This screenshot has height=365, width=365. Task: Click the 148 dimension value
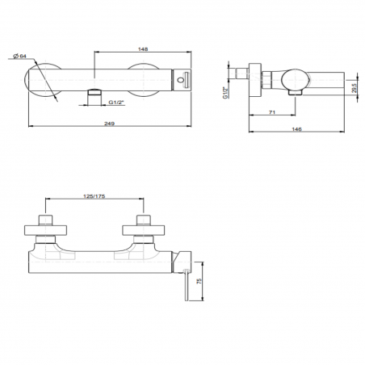(x=143, y=49)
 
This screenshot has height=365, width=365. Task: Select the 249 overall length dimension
(x=109, y=124)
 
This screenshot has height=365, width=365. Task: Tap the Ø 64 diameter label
(x=20, y=56)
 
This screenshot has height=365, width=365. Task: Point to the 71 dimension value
(x=272, y=112)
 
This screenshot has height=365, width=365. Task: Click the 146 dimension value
(x=296, y=129)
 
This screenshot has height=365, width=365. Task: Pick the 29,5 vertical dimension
(x=354, y=88)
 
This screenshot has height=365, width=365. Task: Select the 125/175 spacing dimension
(x=94, y=196)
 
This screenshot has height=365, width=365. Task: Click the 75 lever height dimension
(x=199, y=281)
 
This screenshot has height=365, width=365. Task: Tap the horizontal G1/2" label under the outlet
(x=116, y=103)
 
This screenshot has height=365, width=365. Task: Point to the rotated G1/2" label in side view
(x=225, y=92)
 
